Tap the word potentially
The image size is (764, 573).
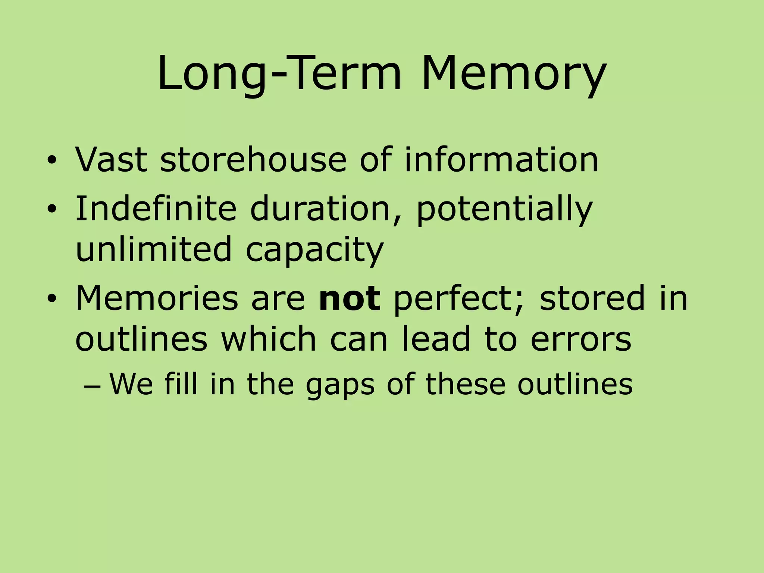504,210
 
